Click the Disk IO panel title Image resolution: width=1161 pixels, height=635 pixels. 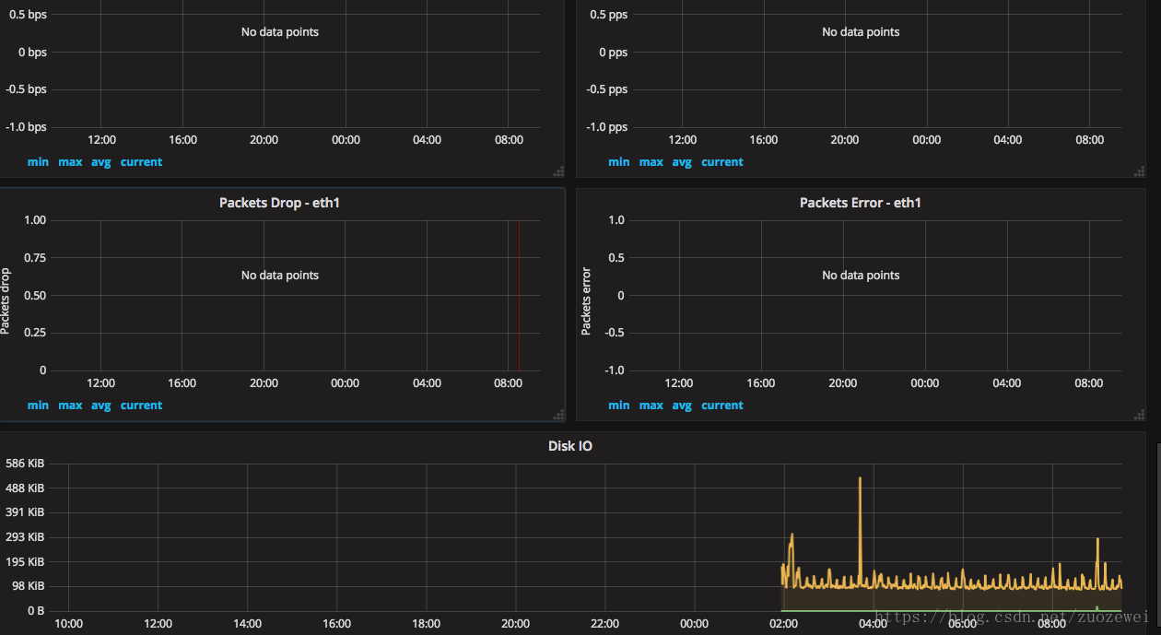click(569, 446)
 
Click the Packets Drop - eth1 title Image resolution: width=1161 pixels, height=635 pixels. click(279, 203)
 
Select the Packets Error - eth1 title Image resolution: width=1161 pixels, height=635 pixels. click(860, 203)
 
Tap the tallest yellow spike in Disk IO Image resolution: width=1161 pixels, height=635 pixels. click(860, 479)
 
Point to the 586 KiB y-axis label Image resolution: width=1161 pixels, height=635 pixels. click(25, 464)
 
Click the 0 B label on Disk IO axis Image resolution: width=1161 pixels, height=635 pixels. click(36, 610)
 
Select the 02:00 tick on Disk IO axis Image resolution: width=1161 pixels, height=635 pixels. click(783, 624)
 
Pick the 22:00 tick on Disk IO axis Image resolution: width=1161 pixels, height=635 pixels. click(604, 624)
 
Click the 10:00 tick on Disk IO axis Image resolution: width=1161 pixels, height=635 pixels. click(68, 624)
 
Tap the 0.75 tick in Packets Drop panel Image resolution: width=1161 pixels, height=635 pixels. click(35, 258)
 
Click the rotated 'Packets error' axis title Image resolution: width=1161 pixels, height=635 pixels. click(586, 300)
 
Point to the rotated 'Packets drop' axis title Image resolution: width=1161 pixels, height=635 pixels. click(6, 300)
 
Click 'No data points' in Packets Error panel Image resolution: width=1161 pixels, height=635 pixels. click(860, 276)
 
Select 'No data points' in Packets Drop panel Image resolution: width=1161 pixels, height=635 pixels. click(279, 276)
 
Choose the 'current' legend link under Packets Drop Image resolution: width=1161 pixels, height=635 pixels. click(141, 406)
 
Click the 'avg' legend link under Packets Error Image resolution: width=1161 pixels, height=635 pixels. click(681, 406)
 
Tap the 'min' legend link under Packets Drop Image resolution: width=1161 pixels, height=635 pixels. click(38, 406)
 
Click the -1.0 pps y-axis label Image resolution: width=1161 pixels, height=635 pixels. click(607, 127)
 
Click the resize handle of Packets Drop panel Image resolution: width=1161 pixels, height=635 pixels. click(558, 415)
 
